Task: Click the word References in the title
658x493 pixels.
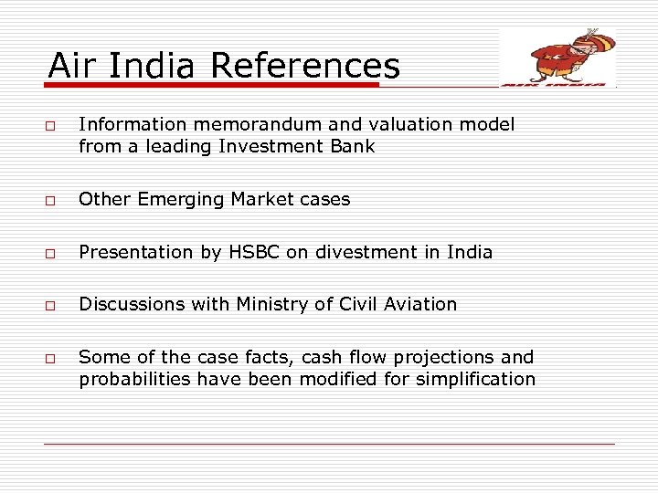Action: pyautogui.click(x=305, y=66)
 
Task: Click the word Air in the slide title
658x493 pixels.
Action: pyautogui.click(x=70, y=66)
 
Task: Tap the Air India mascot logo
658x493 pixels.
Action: pyautogui.click(x=557, y=58)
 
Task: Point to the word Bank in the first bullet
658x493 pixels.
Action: pyautogui.click(x=353, y=146)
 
